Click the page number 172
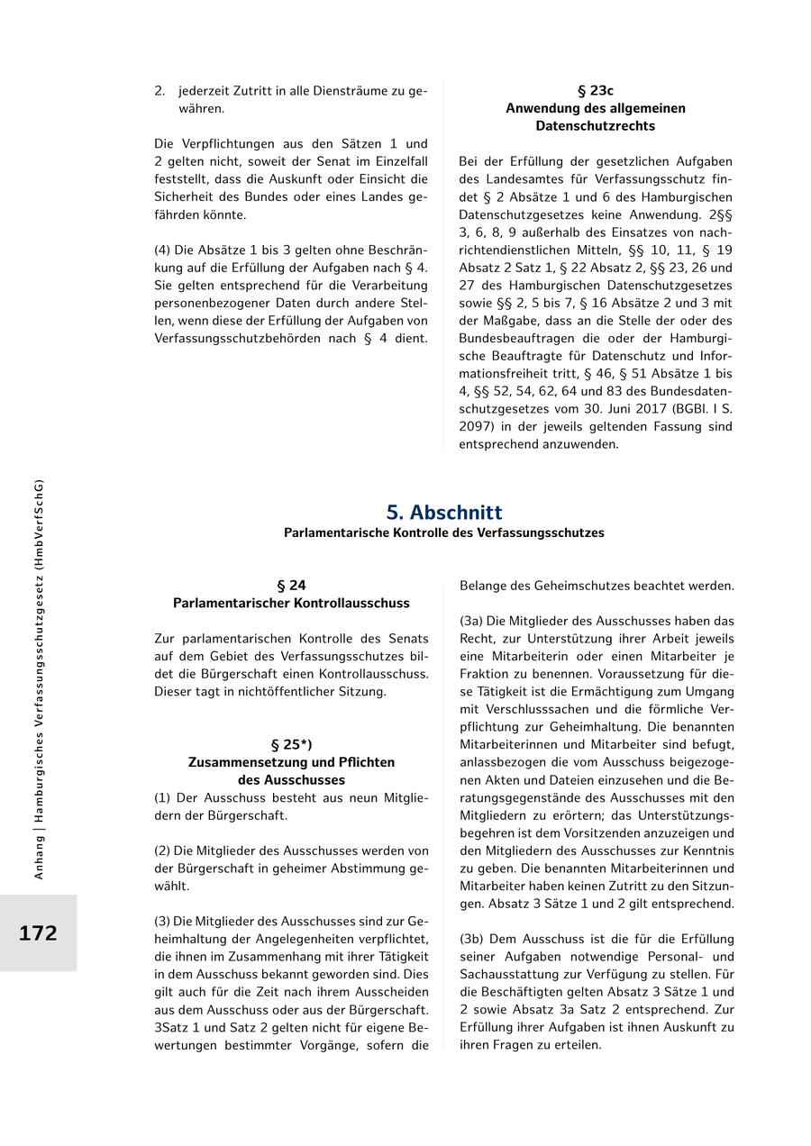38,933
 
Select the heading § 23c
595,91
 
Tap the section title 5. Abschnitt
444,512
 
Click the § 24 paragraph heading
291,586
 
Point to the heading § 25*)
291,745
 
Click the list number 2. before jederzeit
159,91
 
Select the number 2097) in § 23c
480,427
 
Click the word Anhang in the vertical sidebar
38,856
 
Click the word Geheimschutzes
585,586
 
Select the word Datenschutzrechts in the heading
595,126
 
